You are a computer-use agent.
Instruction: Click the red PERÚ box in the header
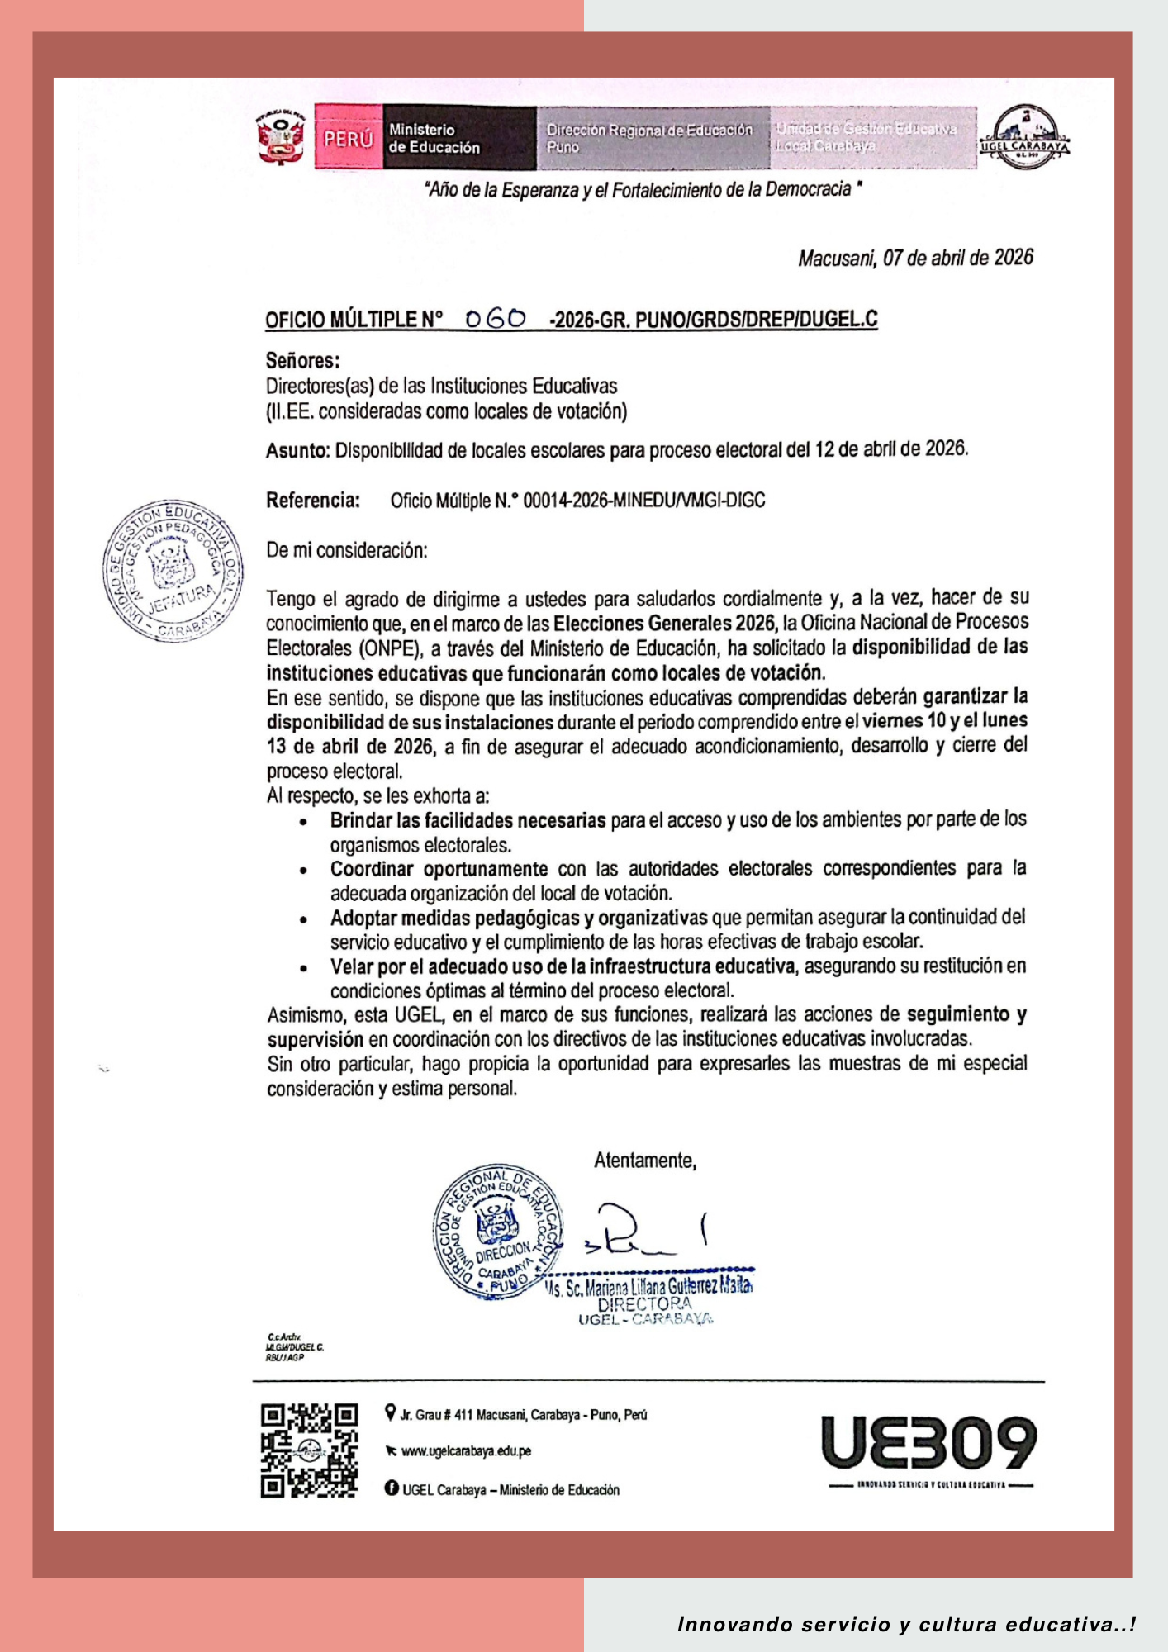(348, 138)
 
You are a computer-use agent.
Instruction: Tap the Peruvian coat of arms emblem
(280, 137)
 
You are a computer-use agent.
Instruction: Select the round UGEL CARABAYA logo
(1024, 137)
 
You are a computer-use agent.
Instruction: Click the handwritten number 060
(496, 319)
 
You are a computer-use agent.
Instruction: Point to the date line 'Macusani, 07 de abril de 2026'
(915, 259)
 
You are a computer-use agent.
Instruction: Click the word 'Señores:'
(302, 360)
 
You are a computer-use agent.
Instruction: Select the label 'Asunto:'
(297, 451)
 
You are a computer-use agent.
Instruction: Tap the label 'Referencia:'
(313, 501)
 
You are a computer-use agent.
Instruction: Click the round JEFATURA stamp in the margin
(173, 571)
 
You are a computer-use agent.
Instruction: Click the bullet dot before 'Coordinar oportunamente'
(305, 871)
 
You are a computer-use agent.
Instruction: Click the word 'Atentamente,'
(645, 1161)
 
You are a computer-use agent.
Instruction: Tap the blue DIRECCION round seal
(497, 1232)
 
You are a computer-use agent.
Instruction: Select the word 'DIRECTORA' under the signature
(645, 1303)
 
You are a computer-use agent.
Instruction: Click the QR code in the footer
(309, 1450)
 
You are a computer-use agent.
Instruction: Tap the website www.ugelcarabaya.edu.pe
(466, 1451)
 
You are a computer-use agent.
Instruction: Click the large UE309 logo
(928, 1444)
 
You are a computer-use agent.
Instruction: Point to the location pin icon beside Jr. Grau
(391, 1413)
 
